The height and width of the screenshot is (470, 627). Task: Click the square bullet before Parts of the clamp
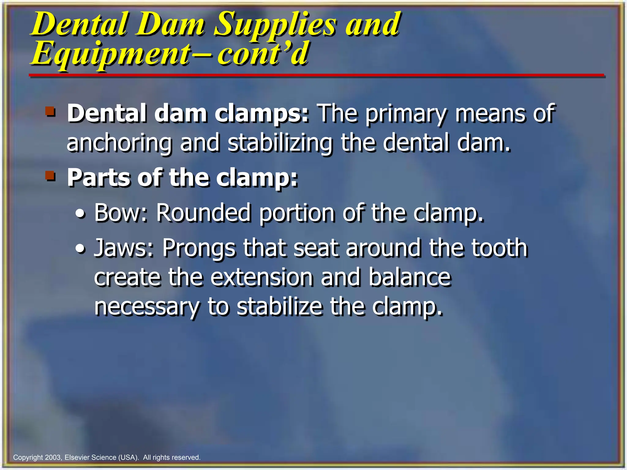(x=51, y=176)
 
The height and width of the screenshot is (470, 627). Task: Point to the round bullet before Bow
(x=81, y=214)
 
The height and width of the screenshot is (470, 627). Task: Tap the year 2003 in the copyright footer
(x=53, y=457)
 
